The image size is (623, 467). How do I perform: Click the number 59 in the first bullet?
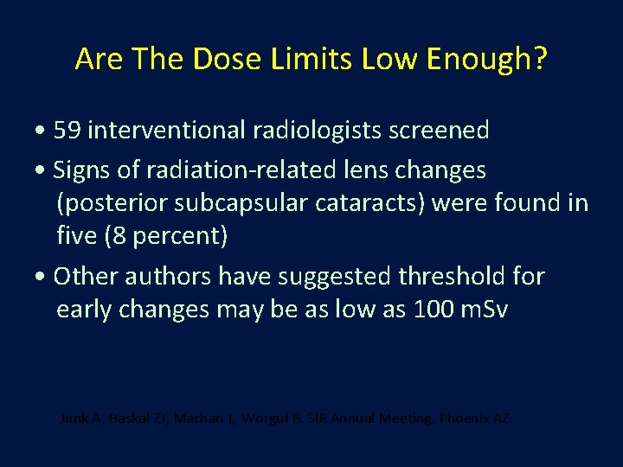(67, 131)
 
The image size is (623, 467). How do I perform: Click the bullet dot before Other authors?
(42, 278)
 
